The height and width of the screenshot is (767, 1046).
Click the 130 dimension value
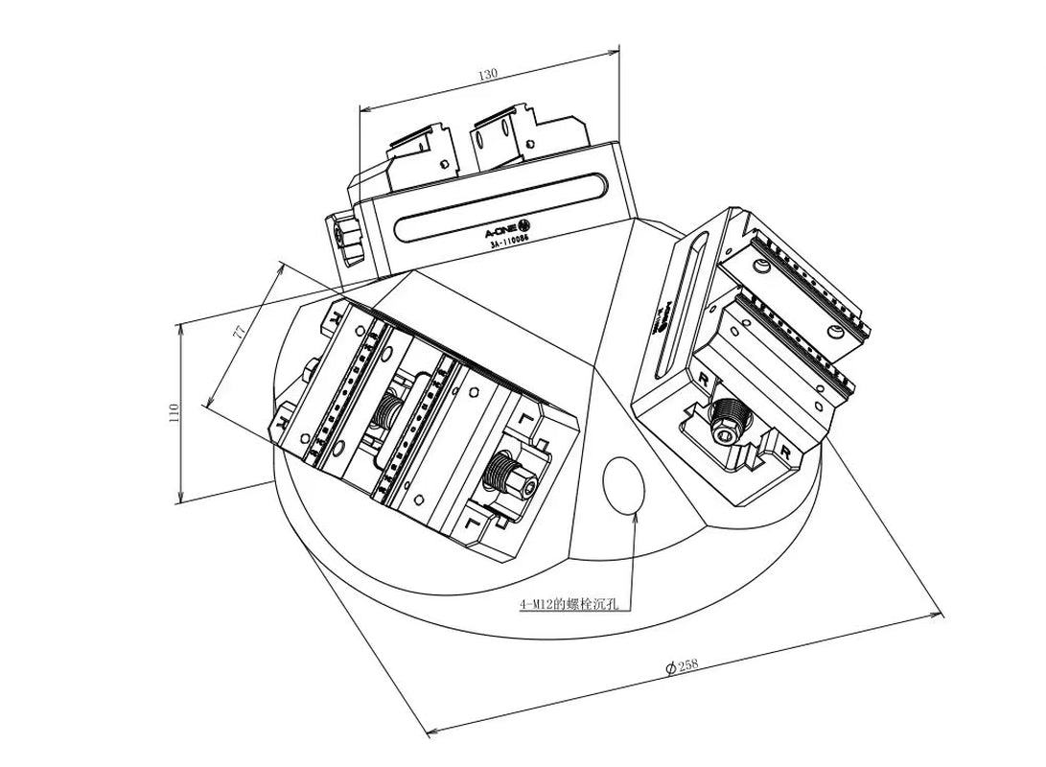pyautogui.click(x=488, y=74)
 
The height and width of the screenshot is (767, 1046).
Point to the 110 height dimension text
pyautogui.click(x=174, y=412)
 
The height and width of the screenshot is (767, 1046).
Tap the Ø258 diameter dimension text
pyautogui.click(x=682, y=665)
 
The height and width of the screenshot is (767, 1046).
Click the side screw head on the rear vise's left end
pyautogui.click(x=341, y=237)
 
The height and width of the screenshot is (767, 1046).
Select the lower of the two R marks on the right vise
pyautogui.click(x=785, y=449)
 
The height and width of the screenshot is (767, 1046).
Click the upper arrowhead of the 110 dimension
pyautogui.click(x=181, y=329)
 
